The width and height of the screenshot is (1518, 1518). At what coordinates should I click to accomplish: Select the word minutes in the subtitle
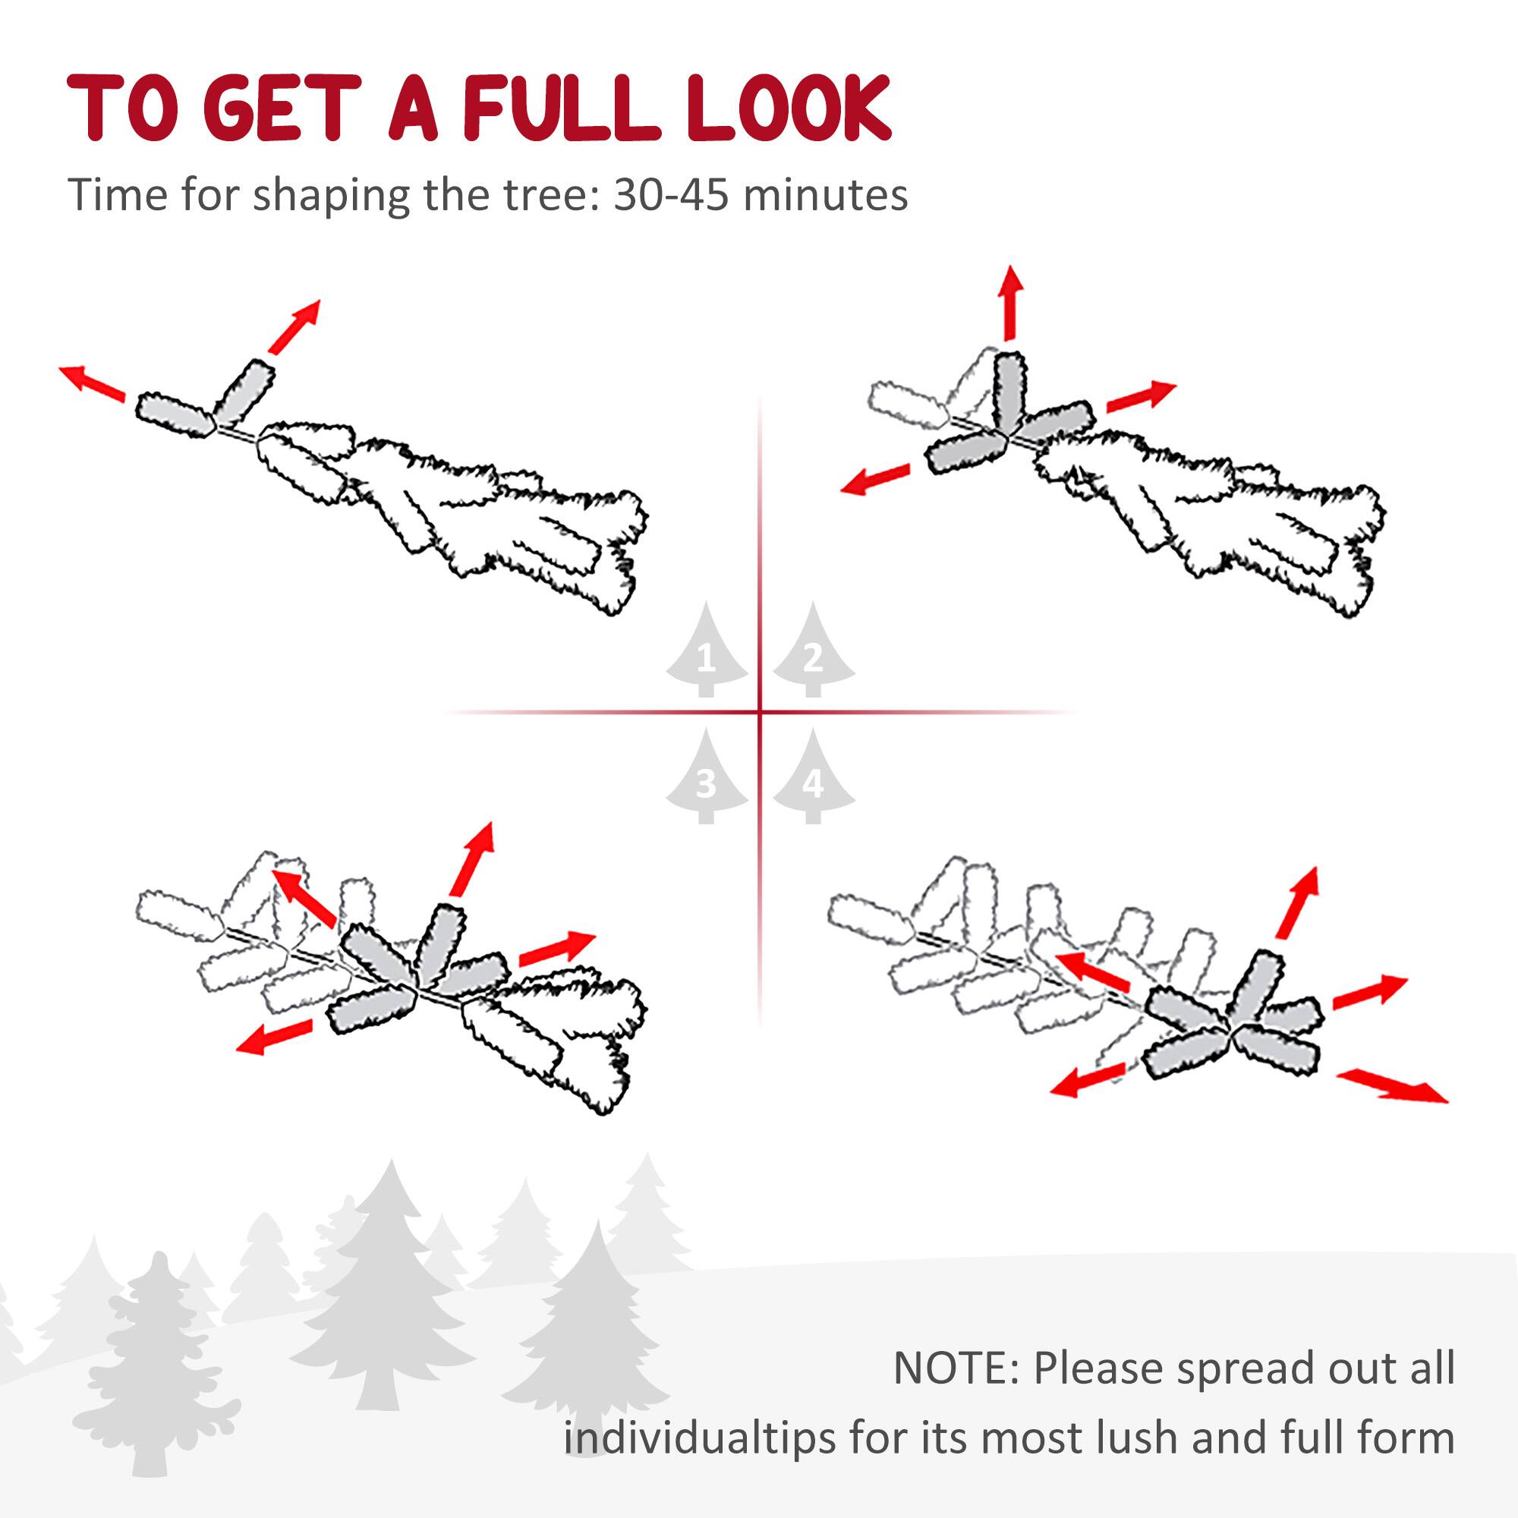coord(826,195)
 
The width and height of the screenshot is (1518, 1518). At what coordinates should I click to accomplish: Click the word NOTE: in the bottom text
coord(956,1368)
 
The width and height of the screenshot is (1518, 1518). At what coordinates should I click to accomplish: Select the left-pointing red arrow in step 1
coord(93,383)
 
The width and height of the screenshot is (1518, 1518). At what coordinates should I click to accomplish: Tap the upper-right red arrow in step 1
coord(294,326)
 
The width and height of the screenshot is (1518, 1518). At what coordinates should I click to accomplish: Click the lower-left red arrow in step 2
coord(874,479)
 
